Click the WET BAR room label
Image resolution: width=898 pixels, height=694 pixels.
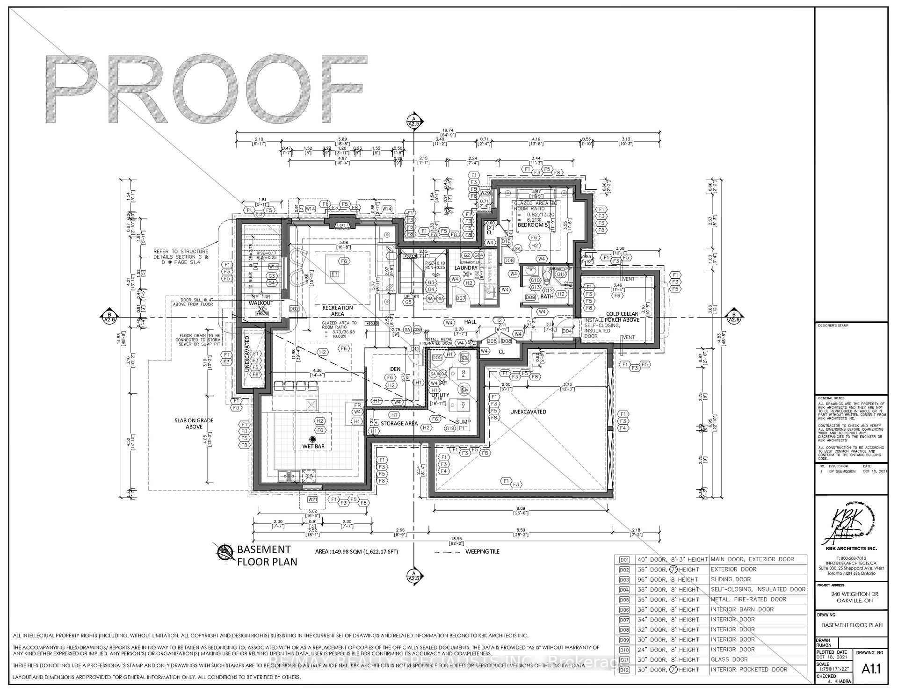coord(313,447)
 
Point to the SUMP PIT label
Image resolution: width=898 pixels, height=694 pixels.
coord(463,425)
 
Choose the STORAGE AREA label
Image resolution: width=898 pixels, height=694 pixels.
coord(399,424)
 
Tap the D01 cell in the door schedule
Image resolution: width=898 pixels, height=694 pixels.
coord(624,559)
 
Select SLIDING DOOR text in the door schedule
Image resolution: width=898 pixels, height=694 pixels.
coord(731,579)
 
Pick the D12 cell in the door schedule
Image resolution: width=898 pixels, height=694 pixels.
coord(624,670)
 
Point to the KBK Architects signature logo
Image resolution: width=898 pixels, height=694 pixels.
coord(851,526)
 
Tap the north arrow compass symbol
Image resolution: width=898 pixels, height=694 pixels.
coord(225,553)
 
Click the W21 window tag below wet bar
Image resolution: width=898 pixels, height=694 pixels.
coord(312,499)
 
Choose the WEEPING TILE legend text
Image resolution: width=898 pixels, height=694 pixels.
coord(482,552)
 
